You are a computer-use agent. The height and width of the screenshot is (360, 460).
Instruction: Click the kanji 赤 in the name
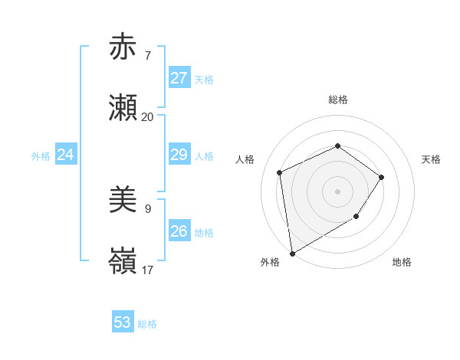click(123, 47)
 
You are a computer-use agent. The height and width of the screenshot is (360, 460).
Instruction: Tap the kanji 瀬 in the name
click(123, 109)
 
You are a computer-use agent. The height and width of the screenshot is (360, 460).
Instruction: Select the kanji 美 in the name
click(123, 201)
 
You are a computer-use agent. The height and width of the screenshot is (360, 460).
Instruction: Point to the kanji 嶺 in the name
click(123, 262)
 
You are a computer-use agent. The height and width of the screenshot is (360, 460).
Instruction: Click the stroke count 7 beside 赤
click(147, 56)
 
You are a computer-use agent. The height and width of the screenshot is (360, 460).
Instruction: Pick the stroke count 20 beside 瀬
click(147, 117)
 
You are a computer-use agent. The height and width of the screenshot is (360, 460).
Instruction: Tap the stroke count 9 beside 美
click(147, 208)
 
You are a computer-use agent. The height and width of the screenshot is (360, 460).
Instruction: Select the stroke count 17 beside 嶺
click(147, 270)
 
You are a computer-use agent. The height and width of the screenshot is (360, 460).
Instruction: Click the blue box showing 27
click(179, 78)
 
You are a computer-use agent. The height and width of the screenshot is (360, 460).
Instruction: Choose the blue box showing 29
click(179, 155)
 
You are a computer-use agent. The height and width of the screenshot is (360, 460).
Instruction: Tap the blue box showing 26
click(179, 231)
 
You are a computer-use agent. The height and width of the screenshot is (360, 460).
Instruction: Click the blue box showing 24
click(65, 155)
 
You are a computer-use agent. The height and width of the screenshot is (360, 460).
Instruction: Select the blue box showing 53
click(123, 322)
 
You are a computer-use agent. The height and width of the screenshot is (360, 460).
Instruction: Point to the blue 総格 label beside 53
click(147, 324)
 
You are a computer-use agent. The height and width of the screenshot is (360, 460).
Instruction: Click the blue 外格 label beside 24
click(41, 156)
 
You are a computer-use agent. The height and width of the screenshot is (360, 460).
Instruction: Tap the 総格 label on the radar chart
click(337, 100)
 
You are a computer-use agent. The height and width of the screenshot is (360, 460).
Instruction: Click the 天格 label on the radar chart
click(431, 159)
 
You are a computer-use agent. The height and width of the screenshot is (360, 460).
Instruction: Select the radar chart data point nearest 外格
click(292, 253)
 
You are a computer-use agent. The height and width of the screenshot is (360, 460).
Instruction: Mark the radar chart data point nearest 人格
click(280, 172)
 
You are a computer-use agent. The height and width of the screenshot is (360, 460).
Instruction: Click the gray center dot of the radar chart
click(337, 191)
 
